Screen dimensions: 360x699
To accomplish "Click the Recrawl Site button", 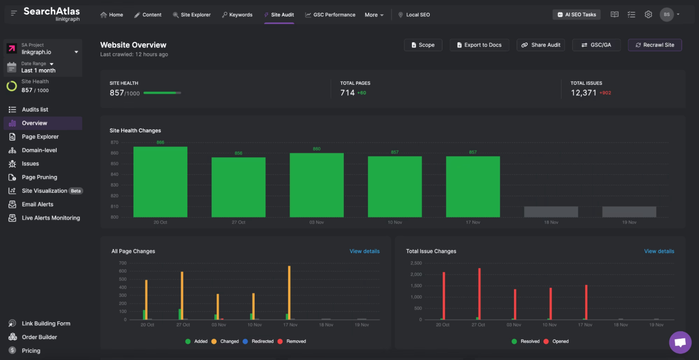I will point(655,45).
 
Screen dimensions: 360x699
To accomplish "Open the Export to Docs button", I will point(479,45).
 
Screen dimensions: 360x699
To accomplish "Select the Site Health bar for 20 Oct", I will point(160,182).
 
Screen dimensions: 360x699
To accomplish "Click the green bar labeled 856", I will point(238,187).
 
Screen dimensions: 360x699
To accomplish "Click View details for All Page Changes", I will point(364,251).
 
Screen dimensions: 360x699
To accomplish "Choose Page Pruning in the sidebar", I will point(39,177).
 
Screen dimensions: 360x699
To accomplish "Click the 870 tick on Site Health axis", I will point(114,142).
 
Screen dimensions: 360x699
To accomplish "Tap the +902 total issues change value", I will point(605,93).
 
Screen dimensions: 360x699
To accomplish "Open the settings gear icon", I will point(648,14).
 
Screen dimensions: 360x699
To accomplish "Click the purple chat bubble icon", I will point(680,342).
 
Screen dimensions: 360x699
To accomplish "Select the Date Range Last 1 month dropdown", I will point(38,67).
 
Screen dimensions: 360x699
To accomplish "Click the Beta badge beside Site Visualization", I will point(75,191).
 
